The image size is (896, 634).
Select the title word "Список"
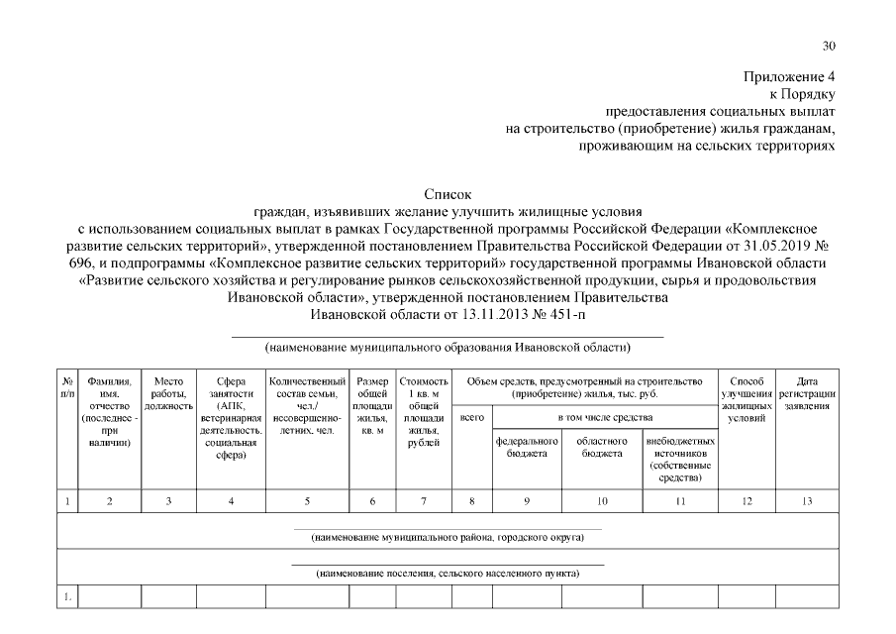point(448,196)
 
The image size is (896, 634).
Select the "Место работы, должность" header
point(168,393)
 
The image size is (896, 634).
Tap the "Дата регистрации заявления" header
point(807,393)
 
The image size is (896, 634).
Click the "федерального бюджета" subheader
point(528,447)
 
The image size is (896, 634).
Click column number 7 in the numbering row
point(424,501)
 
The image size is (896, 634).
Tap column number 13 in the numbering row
point(807,501)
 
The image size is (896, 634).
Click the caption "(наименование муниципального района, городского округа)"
point(448,537)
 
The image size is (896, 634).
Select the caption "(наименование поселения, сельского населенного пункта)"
point(448,574)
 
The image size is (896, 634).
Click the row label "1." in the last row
point(67,596)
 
